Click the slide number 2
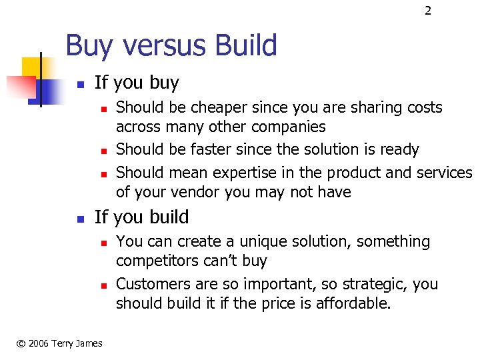click(x=427, y=11)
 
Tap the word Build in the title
click(x=244, y=46)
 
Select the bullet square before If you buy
click(x=79, y=85)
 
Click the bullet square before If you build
click(x=79, y=219)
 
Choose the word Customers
click(x=149, y=284)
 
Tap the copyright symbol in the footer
click(x=21, y=343)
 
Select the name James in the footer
click(x=88, y=343)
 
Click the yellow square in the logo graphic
click(x=30, y=66)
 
